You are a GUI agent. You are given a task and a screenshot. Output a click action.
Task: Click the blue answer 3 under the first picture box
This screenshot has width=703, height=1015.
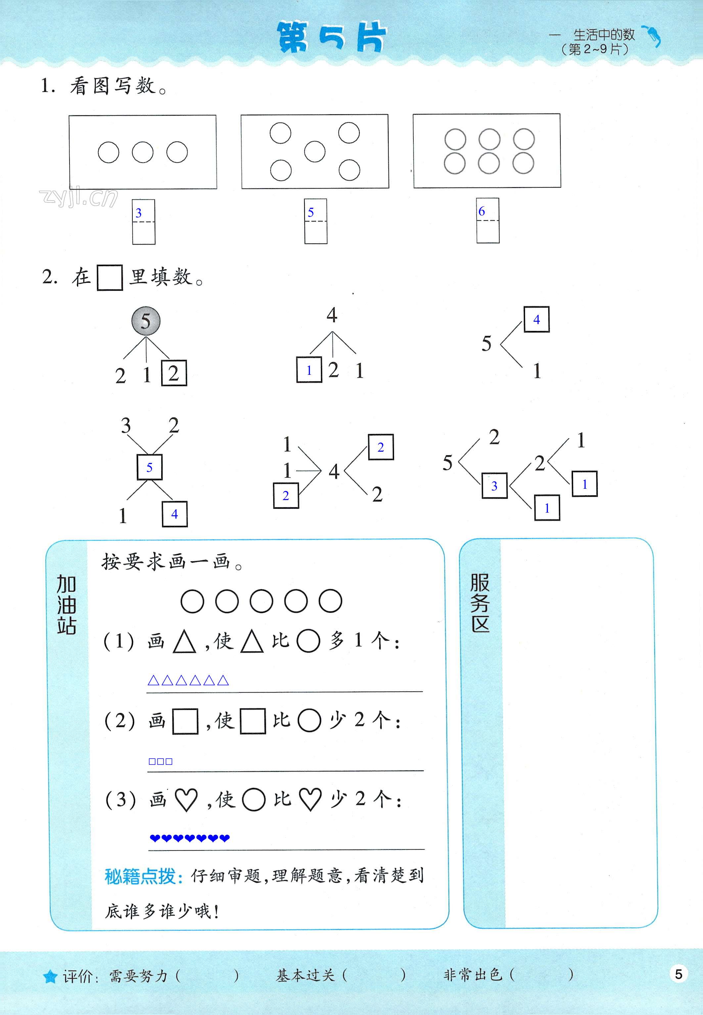click(139, 213)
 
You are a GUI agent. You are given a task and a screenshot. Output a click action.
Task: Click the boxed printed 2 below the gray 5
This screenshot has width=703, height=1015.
click(174, 373)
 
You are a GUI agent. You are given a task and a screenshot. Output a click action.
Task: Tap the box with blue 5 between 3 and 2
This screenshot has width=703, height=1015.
click(149, 467)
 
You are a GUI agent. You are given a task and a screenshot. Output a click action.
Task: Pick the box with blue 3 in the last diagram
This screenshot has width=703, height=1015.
click(494, 486)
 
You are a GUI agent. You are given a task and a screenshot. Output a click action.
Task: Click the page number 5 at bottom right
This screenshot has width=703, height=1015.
click(678, 974)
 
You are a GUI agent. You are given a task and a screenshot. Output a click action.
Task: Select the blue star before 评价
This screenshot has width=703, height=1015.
click(50, 976)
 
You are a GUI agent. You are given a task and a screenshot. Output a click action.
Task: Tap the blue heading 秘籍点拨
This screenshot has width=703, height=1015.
click(144, 876)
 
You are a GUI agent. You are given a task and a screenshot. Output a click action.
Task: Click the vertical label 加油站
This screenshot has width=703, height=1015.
click(67, 604)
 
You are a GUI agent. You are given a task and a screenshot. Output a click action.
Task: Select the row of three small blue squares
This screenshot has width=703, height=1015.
click(160, 761)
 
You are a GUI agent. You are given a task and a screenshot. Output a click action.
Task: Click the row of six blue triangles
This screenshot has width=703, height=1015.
click(188, 680)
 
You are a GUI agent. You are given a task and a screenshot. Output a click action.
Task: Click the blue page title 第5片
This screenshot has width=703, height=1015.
click(332, 37)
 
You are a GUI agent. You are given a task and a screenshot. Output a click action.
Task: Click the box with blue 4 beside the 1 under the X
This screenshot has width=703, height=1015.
click(174, 514)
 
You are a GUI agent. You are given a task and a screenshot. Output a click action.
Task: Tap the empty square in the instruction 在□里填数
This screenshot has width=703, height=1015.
click(110, 277)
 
